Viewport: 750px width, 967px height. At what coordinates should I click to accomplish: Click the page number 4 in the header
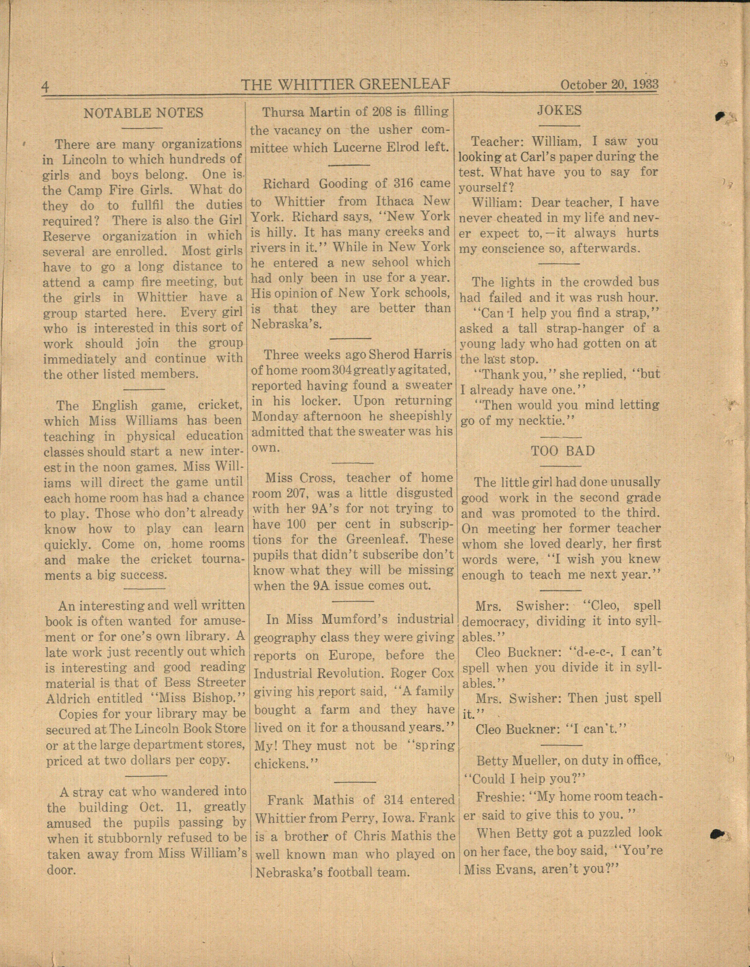(x=45, y=86)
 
